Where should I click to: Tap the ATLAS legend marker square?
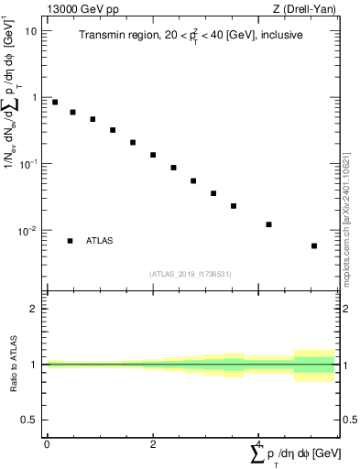pyautogui.click(x=70, y=241)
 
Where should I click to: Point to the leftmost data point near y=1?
pyautogui.click(x=55, y=102)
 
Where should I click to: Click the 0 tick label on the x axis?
pyautogui.click(x=47, y=443)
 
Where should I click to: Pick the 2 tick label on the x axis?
pyautogui.click(x=153, y=443)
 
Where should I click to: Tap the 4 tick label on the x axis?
pyautogui.click(x=260, y=443)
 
